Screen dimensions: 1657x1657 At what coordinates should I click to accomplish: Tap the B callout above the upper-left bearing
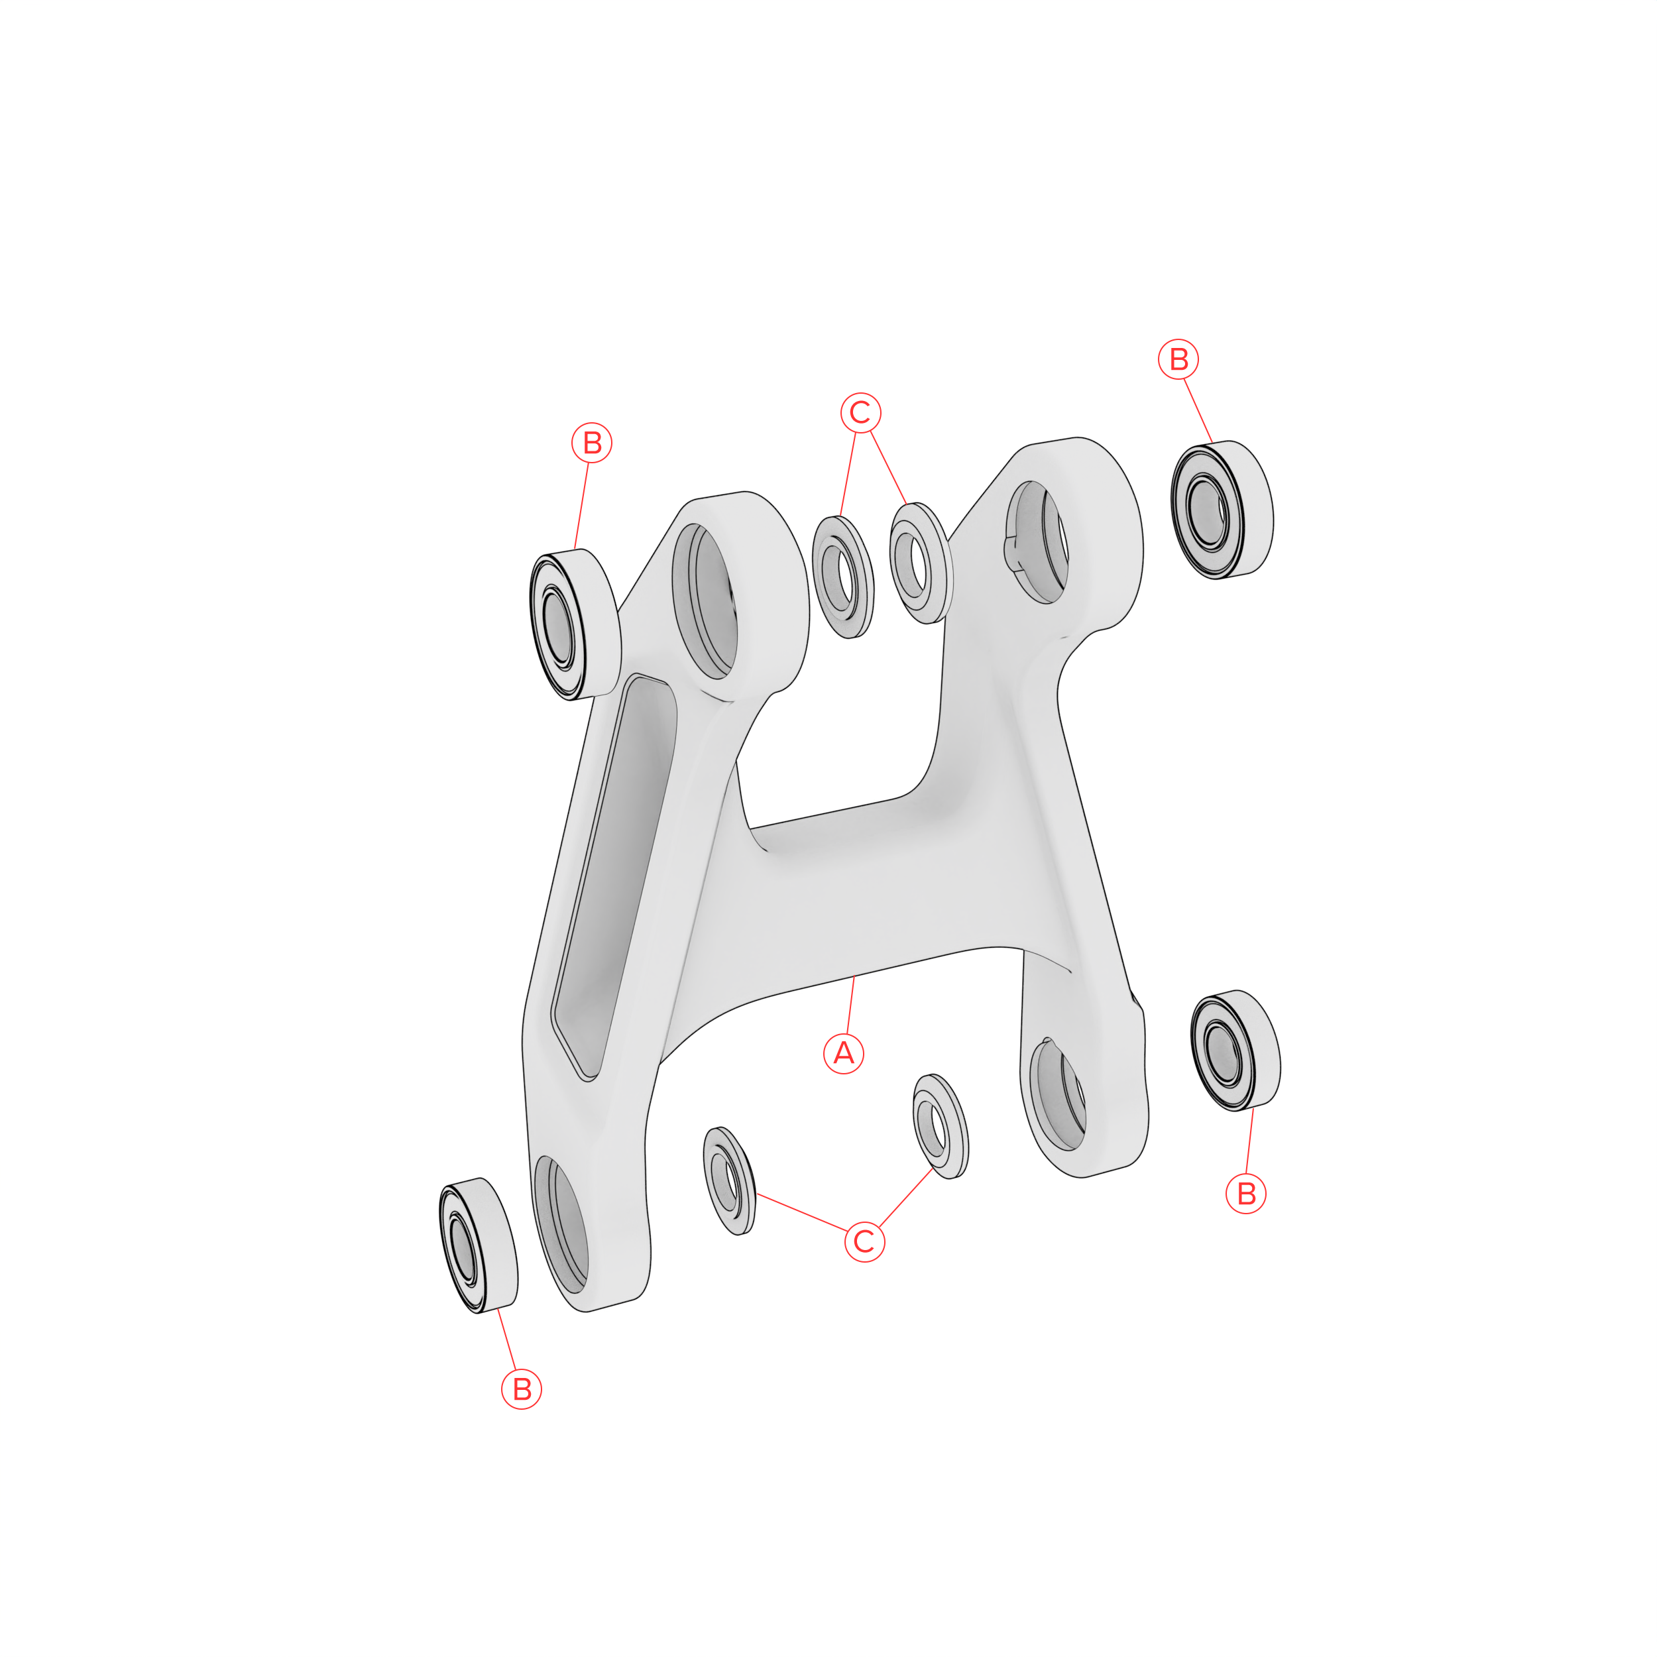coord(592,443)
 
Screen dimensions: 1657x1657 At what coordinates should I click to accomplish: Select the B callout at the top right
coord(1178,359)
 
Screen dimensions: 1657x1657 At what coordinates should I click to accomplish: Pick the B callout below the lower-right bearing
coord(1246,1193)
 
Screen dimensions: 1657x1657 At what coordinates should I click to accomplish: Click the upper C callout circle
coord(860,412)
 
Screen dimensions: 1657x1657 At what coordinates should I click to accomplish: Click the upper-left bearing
coord(575,624)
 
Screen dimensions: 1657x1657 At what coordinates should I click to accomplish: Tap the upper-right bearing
coord(1222,510)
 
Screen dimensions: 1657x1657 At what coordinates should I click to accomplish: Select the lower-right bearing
coord(1235,1050)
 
